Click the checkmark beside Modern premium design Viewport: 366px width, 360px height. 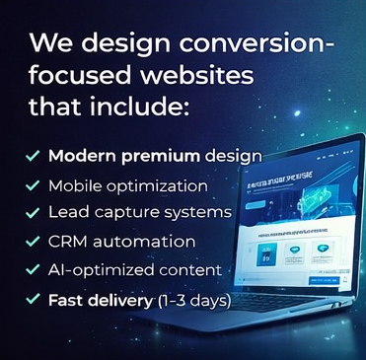coord(34,156)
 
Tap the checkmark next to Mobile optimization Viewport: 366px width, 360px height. coord(34,184)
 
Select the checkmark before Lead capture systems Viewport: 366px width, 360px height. coord(34,212)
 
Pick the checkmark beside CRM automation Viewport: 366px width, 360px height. coord(34,241)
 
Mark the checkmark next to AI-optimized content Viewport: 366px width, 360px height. coord(34,269)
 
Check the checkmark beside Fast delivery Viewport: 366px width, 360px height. coord(34,298)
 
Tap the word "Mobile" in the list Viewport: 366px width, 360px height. coord(74,184)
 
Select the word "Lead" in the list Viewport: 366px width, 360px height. coord(66,212)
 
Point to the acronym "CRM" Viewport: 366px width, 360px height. coord(67,241)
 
